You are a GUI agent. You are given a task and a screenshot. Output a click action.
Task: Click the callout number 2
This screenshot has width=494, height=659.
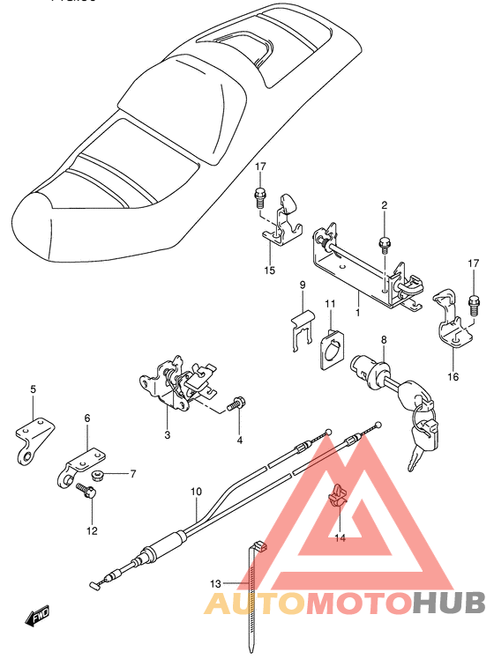pyautogui.click(x=385, y=206)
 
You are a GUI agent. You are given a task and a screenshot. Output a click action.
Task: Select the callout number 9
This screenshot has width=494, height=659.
pyautogui.click(x=302, y=285)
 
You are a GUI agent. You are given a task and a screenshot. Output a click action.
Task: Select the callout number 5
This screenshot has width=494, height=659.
pyautogui.click(x=34, y=389)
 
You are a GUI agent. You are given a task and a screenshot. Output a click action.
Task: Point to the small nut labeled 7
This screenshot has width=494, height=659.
pyautogui.click(x=99, y=476)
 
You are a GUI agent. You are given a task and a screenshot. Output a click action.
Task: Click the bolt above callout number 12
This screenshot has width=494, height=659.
pyautogui.click(x=88, y=491)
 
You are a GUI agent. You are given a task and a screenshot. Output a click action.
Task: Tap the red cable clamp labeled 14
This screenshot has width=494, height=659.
pyautogui.click(x=337, y=496)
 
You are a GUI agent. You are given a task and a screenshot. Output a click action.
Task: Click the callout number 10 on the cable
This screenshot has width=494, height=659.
pyautogui.click(x=196, y=492)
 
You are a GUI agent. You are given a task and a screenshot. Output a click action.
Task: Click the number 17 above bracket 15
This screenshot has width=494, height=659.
pyautogui.click(x=260, y=167)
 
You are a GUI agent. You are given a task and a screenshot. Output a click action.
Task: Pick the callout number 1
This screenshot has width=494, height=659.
pyautogui.click(x=357, y=312)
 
